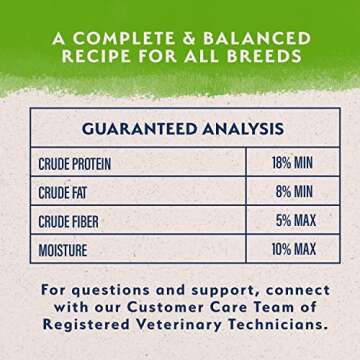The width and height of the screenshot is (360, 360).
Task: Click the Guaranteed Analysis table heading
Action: point(180,128)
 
